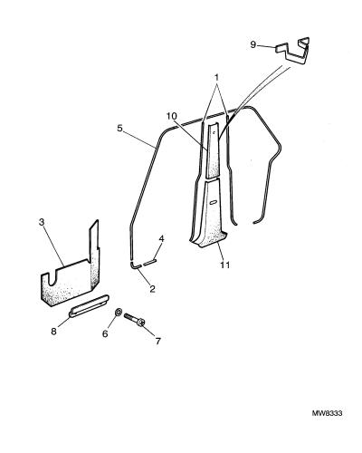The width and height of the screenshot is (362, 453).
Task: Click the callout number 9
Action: (253, 45)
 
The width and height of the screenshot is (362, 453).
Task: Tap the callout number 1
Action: (216, 78)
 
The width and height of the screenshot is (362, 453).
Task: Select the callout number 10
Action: (172, 116)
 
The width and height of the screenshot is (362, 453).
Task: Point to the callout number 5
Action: (119, 128)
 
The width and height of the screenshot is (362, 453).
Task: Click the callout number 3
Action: (42, 222)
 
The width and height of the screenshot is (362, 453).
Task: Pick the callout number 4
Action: (161, 239)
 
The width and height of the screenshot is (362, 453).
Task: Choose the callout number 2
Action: (152, 289)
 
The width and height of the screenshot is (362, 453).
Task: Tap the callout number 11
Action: (225, 265)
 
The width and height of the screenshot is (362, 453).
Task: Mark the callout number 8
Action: (53, 332)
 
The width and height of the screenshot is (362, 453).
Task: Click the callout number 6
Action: (105, 333)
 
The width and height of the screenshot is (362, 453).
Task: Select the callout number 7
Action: (158, 342)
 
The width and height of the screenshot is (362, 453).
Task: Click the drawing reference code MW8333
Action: (327, 413)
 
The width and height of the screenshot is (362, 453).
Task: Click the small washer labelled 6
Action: (119, 313)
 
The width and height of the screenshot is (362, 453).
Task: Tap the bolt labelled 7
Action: (135, 320)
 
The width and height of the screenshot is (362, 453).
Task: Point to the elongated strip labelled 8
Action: (89, 305)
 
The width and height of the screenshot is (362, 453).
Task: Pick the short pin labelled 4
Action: (149, 262)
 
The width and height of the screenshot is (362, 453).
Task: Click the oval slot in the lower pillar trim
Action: (214, 203)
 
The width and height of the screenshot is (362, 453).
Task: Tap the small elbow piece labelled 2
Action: (136, 265)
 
